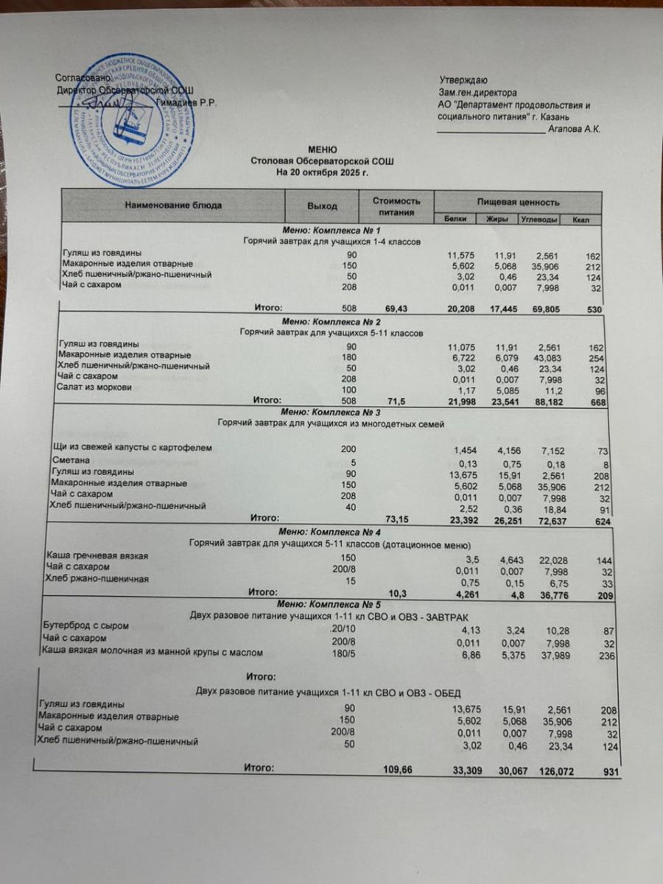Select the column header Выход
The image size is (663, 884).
pyautogui.click(x=322, y=206)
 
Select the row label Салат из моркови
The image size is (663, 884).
pyautogui.click(x=94, y=387)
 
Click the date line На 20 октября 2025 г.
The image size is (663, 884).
pyautogui.click(x=321, y=172)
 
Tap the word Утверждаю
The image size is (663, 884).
pyautogui.click(x=463, y=80)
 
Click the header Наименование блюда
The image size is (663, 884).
pyautogui.click(x=172, y=206)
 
